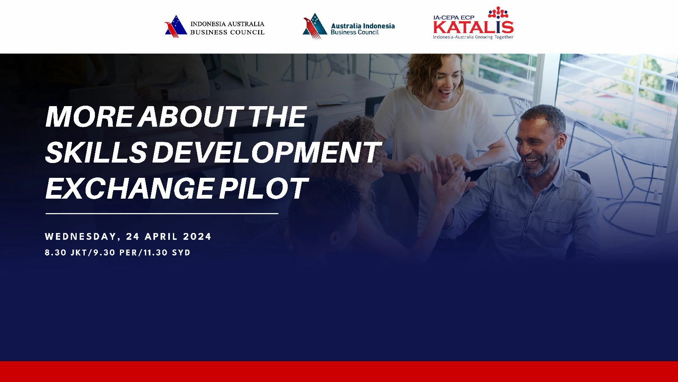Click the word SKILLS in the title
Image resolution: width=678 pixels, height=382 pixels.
[x=96, y=152]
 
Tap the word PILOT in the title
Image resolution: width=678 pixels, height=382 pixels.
[x=263, y=188]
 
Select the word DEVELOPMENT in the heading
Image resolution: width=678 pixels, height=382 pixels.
[x=266, y=152]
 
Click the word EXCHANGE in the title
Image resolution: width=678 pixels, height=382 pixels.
[x=130, y=188]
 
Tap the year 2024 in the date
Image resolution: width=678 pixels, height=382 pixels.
[x=197, y=236]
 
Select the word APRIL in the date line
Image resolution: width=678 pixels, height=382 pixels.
[x=161, y=236]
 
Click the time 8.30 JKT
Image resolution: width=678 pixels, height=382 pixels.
[x=66, y=253]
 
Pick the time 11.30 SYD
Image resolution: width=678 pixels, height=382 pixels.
[x=167, y=253]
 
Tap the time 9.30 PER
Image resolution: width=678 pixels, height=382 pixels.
[x=115, y=253]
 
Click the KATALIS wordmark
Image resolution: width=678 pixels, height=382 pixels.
[x=473, y=27]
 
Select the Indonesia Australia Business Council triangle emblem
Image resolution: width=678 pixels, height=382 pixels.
[x=176, y=27]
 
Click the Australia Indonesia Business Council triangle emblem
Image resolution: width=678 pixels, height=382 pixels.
[x=315, y=26]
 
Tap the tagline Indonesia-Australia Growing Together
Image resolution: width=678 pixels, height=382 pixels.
[x=473, y=37]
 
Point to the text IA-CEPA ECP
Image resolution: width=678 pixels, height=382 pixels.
[x=454, y=17]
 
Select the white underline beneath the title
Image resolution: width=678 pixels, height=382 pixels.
[x=162, y=214]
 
